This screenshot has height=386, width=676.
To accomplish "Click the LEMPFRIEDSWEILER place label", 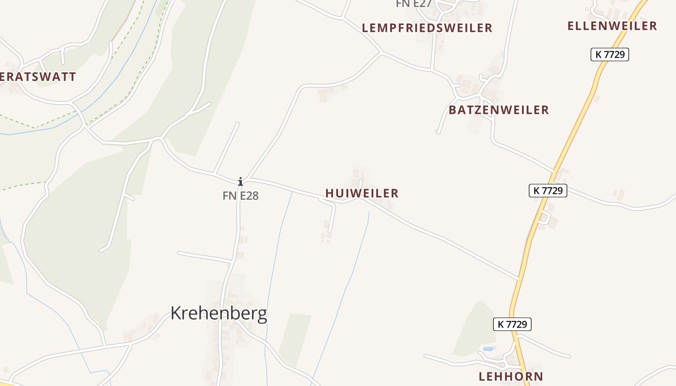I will pyautogui.click(x=427, y=28).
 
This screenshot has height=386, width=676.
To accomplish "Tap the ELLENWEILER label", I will pyautogui.click(x=612, y=26).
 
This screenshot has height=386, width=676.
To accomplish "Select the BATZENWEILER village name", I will pyautogui.click(x=498, y=110).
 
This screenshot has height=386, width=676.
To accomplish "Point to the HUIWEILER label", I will pyautogui.click(x=362, y=193).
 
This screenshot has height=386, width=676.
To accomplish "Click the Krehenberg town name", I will pyautogui.click(x=219, y=314).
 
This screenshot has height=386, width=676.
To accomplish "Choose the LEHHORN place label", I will pyautogui.click(x=510, y=376).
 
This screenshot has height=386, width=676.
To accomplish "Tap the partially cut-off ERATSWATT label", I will pyautogui.click(x=38, y=77).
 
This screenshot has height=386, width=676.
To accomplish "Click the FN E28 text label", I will pyautogui.click(x=240, y=196).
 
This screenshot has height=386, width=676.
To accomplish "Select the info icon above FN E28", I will pyautogui.click(x=240, y=181).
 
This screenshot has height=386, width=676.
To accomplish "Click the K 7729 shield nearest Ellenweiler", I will pyautogui.click(x=609, y=55).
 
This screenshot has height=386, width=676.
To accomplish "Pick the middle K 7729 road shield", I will pyautogui.click(x=548, y=191).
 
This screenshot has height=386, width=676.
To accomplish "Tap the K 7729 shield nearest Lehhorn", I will pyautogui.click(x=512, y=324).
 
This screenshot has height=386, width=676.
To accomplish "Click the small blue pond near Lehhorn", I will pyautogui.click(x=488, y=349).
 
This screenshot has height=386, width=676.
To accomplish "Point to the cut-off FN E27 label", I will pyautogui.click(x=413, y=4).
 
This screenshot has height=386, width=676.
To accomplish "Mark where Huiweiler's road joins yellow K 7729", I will pyautogui.click(x=518, y=279).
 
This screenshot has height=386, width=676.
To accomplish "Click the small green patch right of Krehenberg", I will pyautogui.click(x=295, y=338).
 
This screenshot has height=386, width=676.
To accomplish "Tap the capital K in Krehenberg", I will pyautogui.click(x=176, y=314).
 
